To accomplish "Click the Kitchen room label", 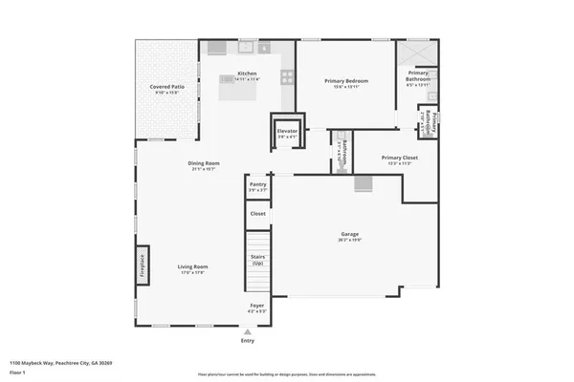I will click(x=247, y=74).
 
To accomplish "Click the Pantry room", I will click(x=257, y=187).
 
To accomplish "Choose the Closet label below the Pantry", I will click(x=257, y=213).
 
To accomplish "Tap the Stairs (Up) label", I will click(x=257, y=260).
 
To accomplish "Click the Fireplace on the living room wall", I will click(x=142, y=263).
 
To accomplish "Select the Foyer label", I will click(x=257, y=306).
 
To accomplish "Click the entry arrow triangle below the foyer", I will click(x=248, y=331).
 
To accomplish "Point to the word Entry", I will click(x=248, y=341).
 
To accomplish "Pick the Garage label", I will click(x=350, y=235).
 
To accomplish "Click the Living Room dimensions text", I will click(x=193, y=273).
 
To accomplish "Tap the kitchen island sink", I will click(x=228, y=79).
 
